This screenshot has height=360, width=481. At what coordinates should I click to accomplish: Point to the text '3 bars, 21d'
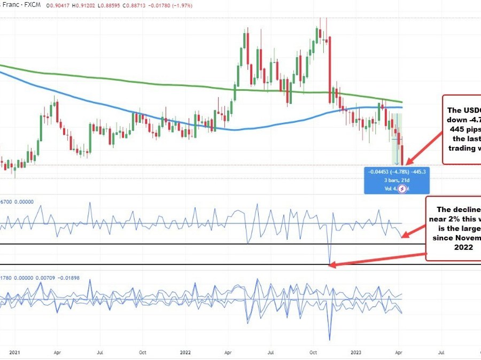click(396, 180)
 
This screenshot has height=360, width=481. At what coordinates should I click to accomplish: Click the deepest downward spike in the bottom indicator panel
click(330, 339)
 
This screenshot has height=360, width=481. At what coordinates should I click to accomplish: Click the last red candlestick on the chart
click(402, 155)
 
